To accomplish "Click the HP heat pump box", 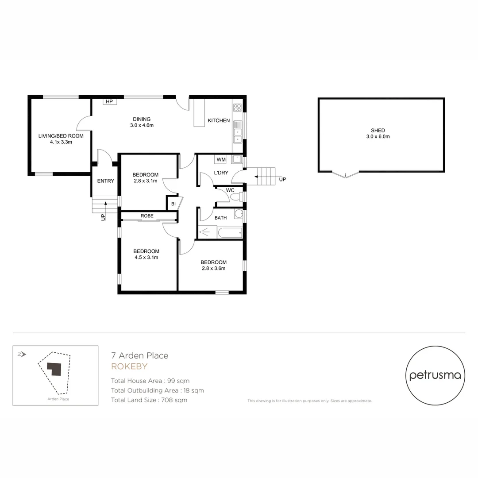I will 109,102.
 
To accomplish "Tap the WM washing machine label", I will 220,159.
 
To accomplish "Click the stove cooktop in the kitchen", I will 237,108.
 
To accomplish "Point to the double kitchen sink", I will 237,135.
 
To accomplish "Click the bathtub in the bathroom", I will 230,232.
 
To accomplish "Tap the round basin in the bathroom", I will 239,214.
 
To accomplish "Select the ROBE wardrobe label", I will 147,216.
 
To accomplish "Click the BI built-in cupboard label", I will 173,204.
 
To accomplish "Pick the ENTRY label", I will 105,181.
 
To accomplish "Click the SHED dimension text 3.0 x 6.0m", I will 378,137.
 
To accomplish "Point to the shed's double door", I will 346,174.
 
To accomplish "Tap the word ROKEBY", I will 129,366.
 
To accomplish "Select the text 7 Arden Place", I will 139,355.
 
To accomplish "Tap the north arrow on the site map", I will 22,354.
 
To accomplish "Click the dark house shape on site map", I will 54,369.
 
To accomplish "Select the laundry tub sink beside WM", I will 237,159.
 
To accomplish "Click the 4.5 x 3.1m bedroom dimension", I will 146,257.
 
